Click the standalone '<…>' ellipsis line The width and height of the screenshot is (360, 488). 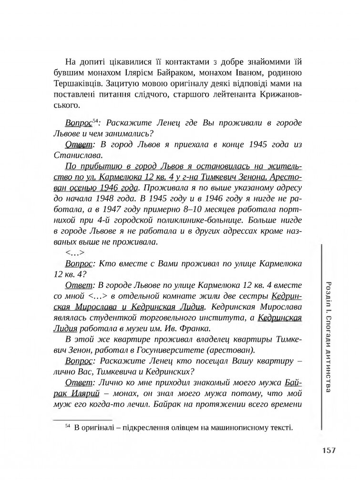click(x=75, y=253)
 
